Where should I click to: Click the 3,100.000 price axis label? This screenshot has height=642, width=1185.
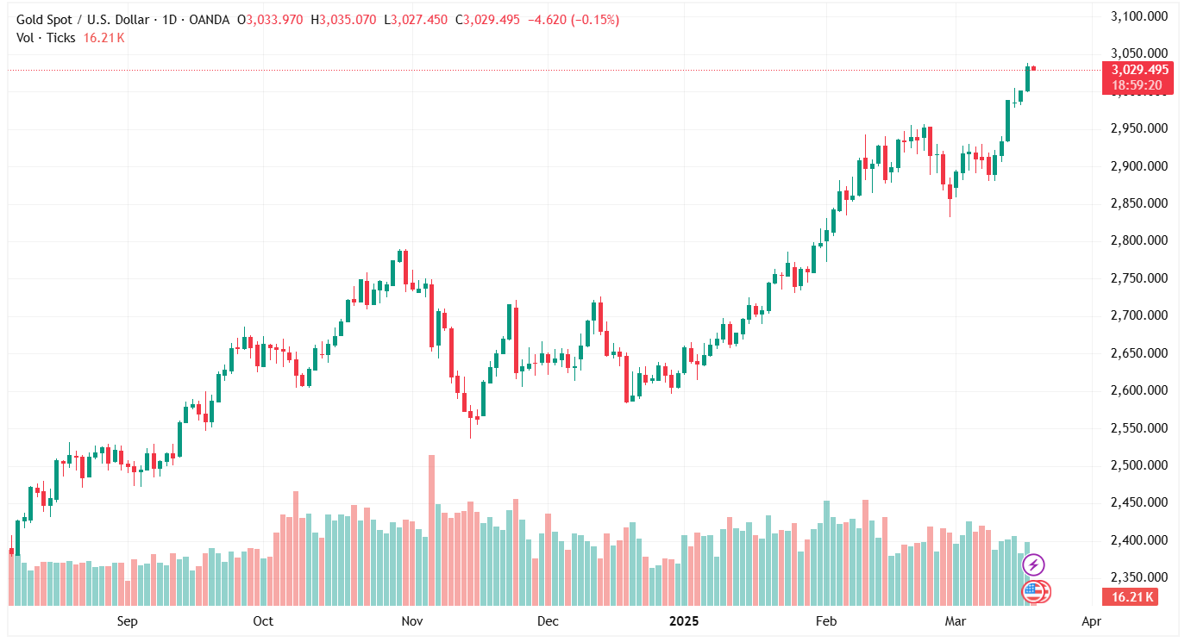[1138, 16]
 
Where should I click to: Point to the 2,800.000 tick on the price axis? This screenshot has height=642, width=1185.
[1138, 240]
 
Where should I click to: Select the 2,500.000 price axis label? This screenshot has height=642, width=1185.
[1138, 465]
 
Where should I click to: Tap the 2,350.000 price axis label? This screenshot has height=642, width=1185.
[1138, 577]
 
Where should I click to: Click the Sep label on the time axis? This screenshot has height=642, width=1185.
[127, 620]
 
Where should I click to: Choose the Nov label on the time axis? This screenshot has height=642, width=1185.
[412, 620]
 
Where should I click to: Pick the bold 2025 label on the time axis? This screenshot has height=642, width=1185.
[685, 620]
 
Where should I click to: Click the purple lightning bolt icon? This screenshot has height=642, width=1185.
[1033, 565]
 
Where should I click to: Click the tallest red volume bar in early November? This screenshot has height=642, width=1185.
[431, 529]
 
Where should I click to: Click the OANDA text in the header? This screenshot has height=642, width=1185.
[214, 20]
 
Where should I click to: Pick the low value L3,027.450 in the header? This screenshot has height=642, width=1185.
[418, 20]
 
